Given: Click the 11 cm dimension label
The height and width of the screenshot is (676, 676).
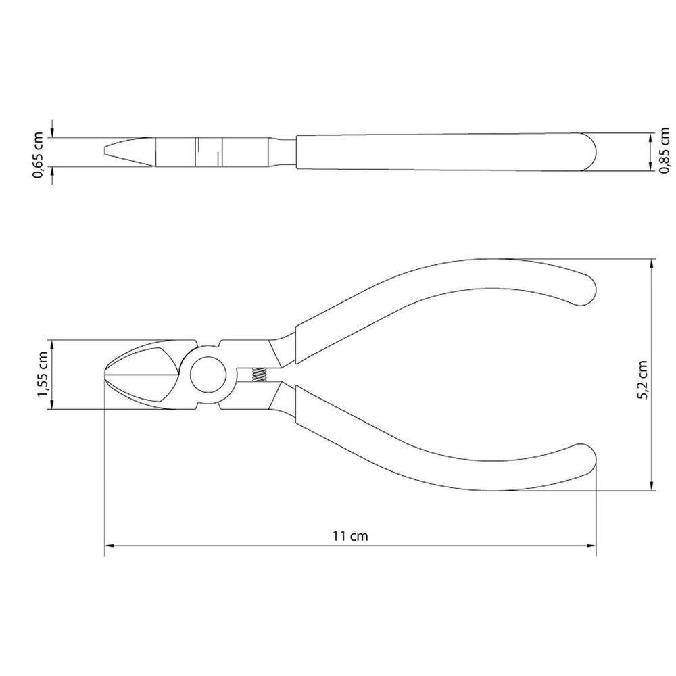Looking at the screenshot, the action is [350, 536].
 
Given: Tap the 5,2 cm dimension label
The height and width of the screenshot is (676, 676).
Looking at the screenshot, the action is [642, 379].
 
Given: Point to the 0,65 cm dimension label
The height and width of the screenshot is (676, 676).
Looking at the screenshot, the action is [38, 155].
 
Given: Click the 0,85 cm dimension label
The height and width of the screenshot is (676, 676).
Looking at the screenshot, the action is [665, 150].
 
